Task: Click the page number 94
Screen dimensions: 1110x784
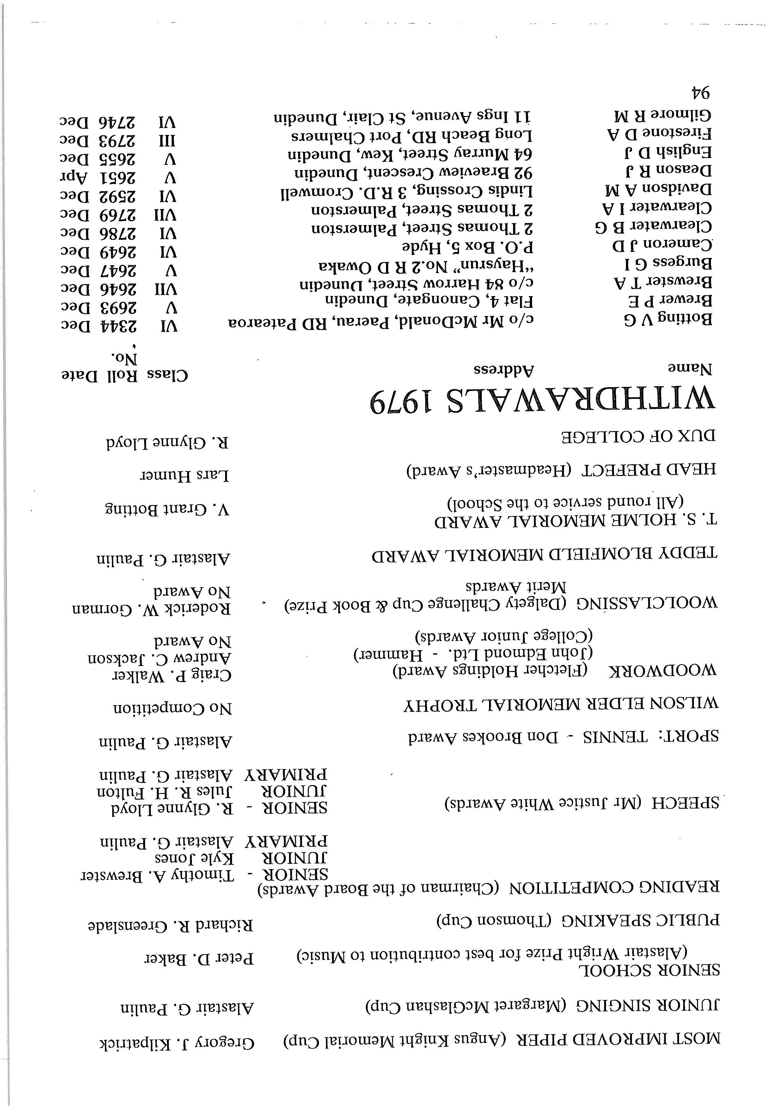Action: pos(699,92)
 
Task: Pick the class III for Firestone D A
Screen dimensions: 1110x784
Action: pos(167,140)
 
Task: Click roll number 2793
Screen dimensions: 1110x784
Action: pos(119,141)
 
